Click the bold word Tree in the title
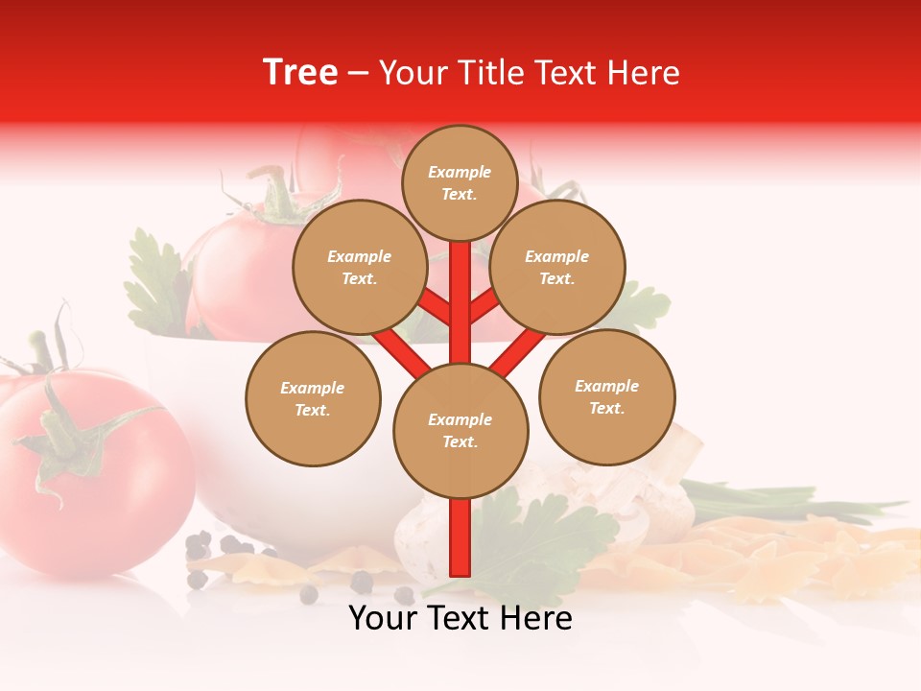300,73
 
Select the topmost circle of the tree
460,182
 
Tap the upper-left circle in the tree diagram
359,267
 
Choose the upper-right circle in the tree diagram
556,267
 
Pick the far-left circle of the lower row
313,398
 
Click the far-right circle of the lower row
606,396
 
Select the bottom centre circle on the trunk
460,430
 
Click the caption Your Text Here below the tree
460,619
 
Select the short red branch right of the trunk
485,305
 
